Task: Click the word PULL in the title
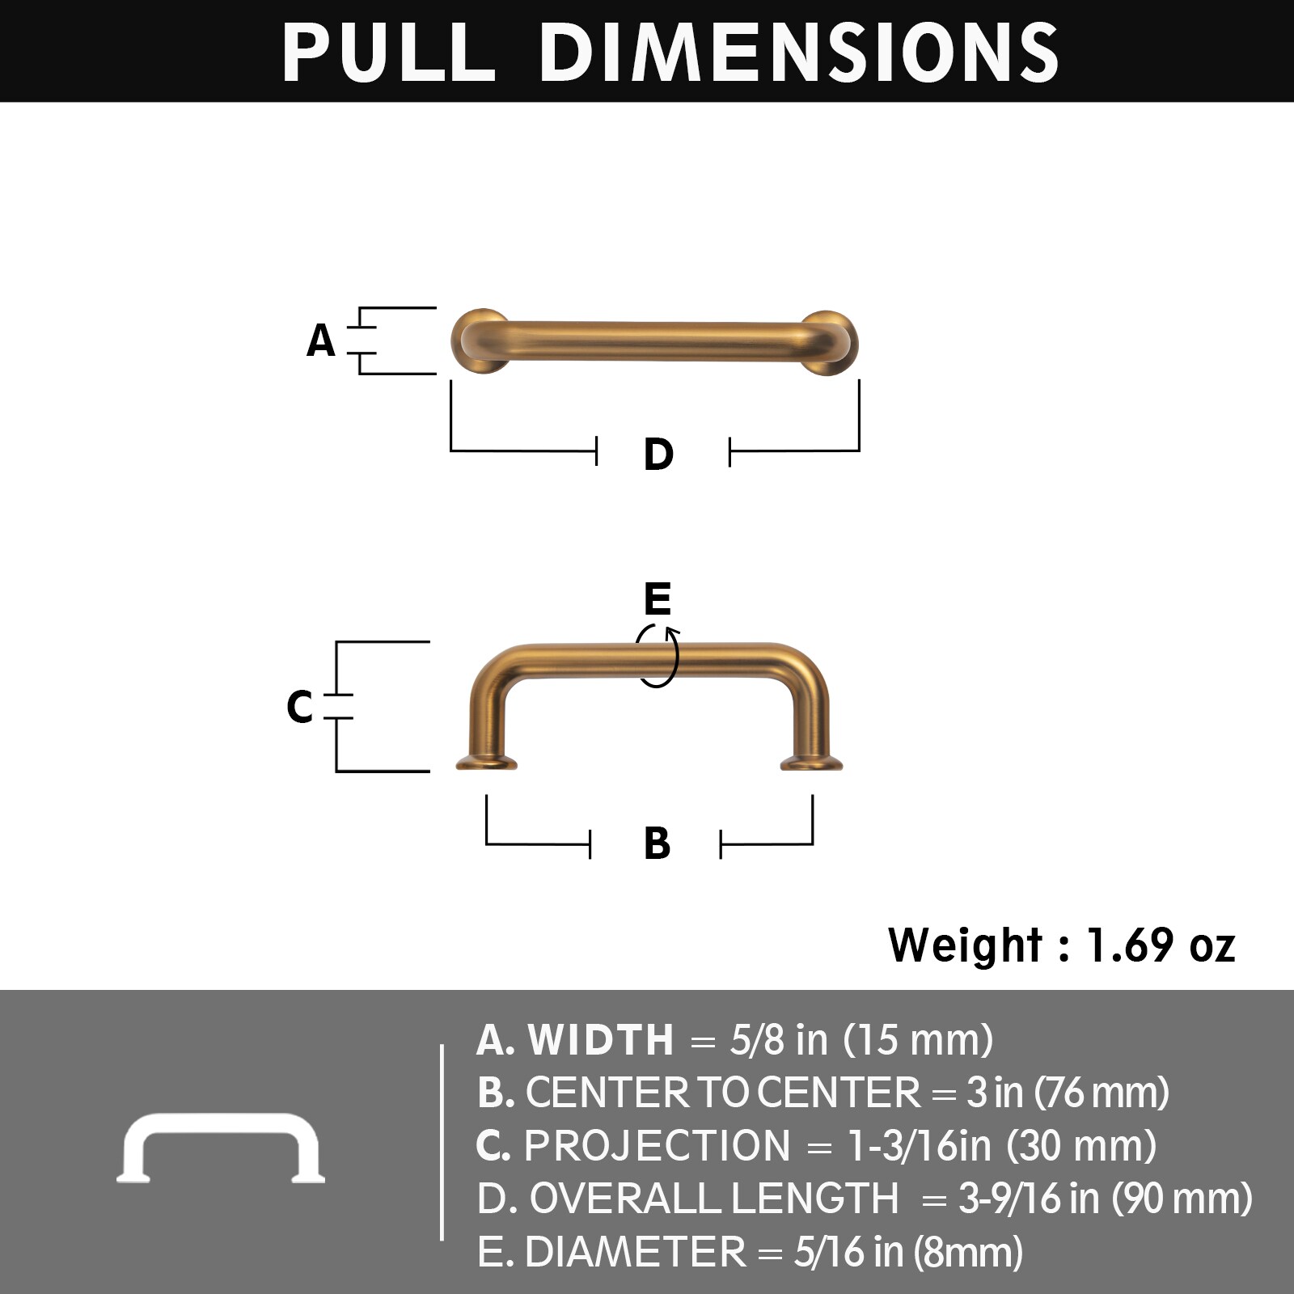click(x=388, y=52)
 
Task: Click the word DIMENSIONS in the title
click(x=799, y=52)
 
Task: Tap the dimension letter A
click(x=321, y=340)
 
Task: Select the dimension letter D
click(x=658, y=454)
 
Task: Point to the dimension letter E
click(x=658, y=599)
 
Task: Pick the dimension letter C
click(x=299, y=706)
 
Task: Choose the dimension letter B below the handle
click(x=657, y=844)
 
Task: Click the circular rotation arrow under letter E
click(x=658, y=657)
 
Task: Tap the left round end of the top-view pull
click(x=480, y=341)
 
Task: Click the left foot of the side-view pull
click(x=486, y=761)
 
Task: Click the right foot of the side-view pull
click(x=811, y=762)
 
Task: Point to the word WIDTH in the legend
click(x=600, y=1040)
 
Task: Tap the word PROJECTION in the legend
click(x=657, y=1146)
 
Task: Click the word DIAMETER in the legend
click(x=635, y=1252)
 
